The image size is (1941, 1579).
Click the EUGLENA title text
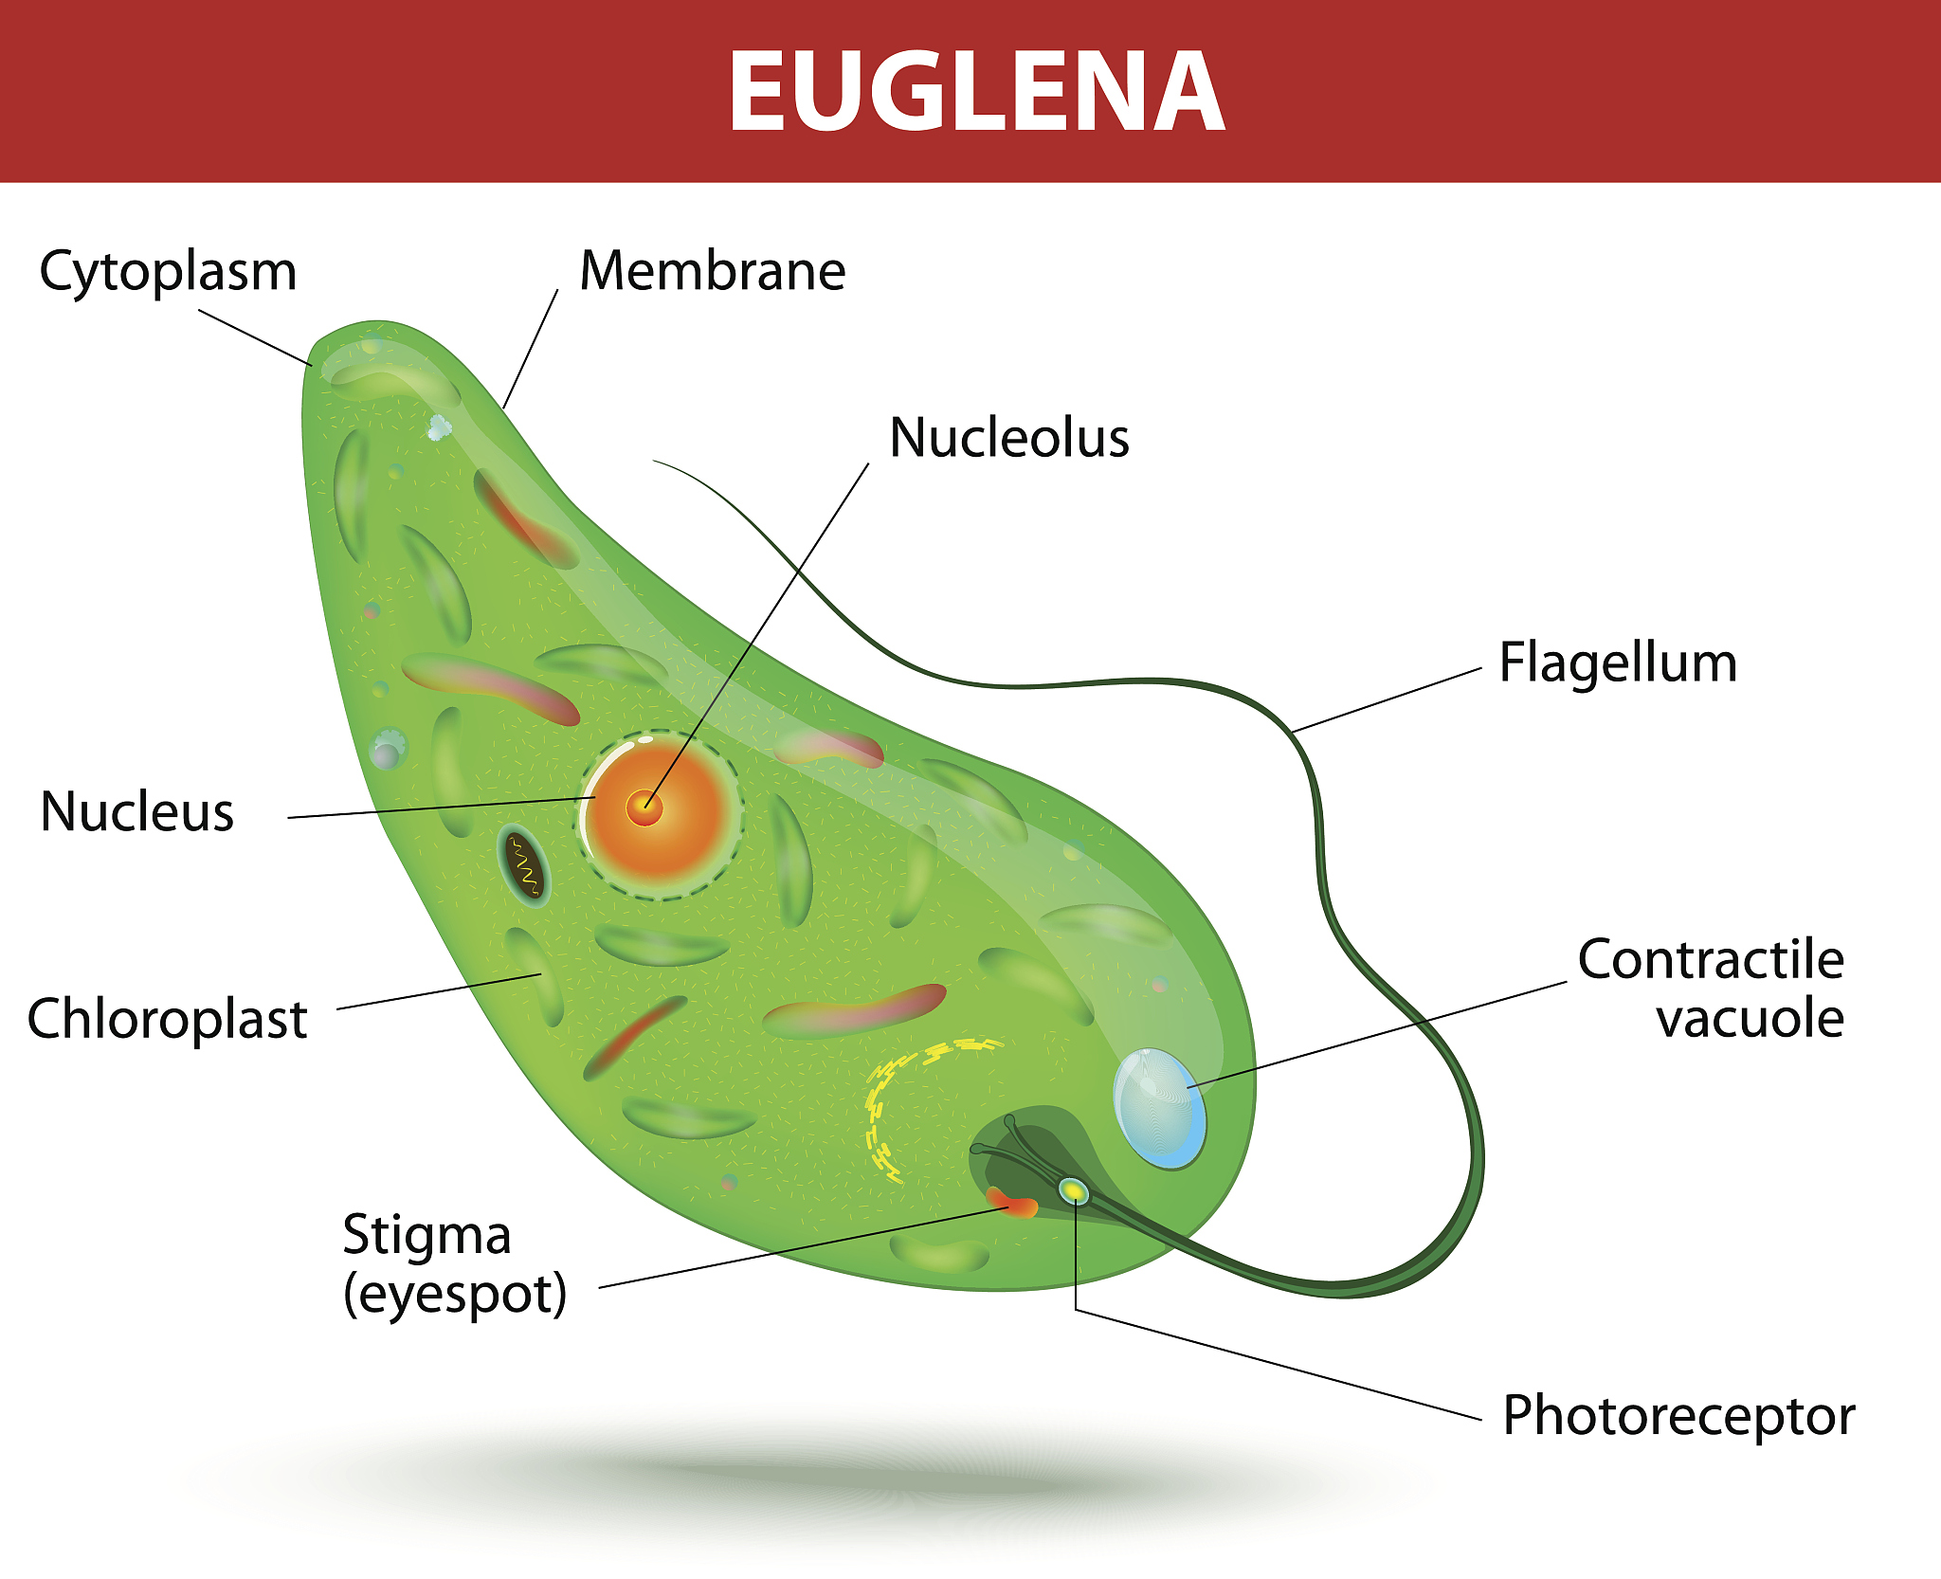[976, 91]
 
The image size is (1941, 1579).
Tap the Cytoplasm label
[168, 272]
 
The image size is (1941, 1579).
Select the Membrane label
[713, 271]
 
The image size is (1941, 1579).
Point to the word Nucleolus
[1009, 438]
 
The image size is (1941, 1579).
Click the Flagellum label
[1618, 663]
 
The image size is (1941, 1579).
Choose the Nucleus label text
[137, 812]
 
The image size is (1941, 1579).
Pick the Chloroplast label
[168, 1020]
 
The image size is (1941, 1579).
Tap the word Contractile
[1711, 959]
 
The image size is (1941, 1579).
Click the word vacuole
[1750, 1019]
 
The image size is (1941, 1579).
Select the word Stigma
[426, 1237]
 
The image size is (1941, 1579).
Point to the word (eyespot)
[455, 1295]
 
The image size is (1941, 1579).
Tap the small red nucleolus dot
[644, 808]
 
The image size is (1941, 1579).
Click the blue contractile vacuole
[1159, 1108]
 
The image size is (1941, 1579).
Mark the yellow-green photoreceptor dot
[1073, 1189]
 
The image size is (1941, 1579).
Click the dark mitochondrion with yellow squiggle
[524, 866]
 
